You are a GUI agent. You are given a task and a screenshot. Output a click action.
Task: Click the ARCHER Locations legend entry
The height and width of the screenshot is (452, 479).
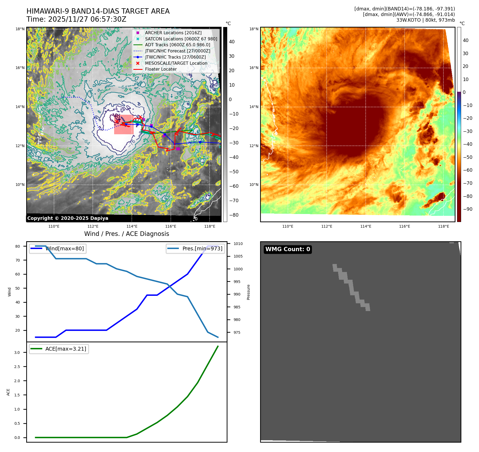[x=173, y=33]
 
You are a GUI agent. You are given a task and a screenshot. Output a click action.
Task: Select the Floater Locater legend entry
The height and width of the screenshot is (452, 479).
[x=161, y=69]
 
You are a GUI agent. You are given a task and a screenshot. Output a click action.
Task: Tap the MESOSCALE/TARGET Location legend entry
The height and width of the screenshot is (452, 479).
[x=176, y=63]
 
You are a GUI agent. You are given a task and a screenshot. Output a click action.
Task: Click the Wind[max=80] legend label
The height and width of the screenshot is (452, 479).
[x=65, y=248]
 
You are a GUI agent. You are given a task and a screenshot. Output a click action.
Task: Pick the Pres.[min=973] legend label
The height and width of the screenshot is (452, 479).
[x=202, y=248]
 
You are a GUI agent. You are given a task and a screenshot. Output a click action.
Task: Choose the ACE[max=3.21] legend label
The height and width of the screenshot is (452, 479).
[x=65, y=349]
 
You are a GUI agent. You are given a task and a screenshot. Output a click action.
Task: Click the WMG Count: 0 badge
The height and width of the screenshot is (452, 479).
[x=288, y=249]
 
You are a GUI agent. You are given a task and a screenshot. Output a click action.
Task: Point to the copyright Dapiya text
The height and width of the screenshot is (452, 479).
[x=68, y=218]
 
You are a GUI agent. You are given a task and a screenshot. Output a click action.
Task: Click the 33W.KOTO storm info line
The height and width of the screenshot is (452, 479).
[x=425, y=20]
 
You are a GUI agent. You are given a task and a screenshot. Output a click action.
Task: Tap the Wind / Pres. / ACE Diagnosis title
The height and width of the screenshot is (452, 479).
[x=126, y=234]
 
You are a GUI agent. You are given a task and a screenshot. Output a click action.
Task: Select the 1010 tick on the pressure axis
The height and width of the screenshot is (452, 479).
[x=238, y=244]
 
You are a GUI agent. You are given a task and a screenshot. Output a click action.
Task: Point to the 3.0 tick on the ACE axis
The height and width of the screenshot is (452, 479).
[x=17, y=353]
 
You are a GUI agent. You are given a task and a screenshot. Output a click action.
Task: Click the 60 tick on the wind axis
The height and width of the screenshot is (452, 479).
[x=18, y=274]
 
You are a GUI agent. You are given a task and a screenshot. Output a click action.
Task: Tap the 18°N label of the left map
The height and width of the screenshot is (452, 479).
[x=20, y=29]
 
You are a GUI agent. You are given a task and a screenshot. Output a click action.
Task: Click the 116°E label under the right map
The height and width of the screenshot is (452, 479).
[x=404, y=226]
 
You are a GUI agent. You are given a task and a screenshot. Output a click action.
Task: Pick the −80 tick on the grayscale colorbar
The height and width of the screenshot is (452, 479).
[x=234, y=215]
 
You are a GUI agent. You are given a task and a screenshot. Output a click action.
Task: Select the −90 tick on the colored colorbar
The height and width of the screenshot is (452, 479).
[x=468, y=209]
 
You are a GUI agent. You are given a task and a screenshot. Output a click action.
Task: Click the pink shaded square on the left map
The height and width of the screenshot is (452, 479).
[x=124, y=125]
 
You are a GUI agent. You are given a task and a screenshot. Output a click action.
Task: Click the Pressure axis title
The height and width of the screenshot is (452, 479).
[x=248, y=292]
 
